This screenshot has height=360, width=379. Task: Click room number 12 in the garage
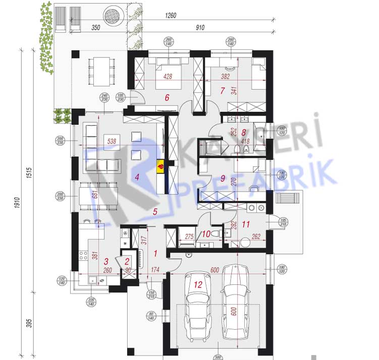click(198, 285)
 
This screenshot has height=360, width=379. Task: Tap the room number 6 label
click(167, 98)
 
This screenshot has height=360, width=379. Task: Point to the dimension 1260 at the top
click(171, 16)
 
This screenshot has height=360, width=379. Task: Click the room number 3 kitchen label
click(106, 261)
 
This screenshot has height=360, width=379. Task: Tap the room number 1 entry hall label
click(155, 253)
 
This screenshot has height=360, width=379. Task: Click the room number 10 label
click(205, 233)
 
